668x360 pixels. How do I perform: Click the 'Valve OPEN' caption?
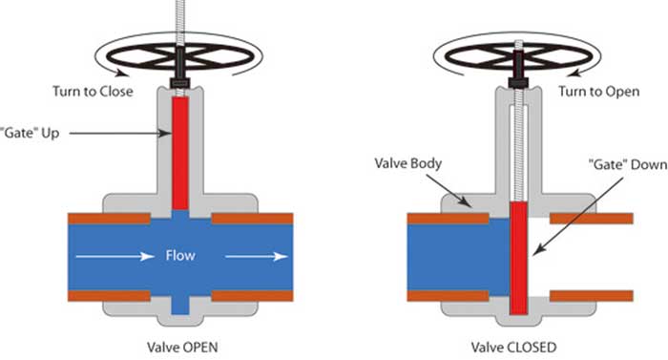point(180,346)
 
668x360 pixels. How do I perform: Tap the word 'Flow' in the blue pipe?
point(180,256)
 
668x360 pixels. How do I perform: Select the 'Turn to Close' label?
point(93,92)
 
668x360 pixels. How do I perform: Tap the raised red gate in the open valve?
point(180,153)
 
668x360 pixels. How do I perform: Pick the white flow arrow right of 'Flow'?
point(257,256)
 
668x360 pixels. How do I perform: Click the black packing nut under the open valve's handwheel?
point(180,84)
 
